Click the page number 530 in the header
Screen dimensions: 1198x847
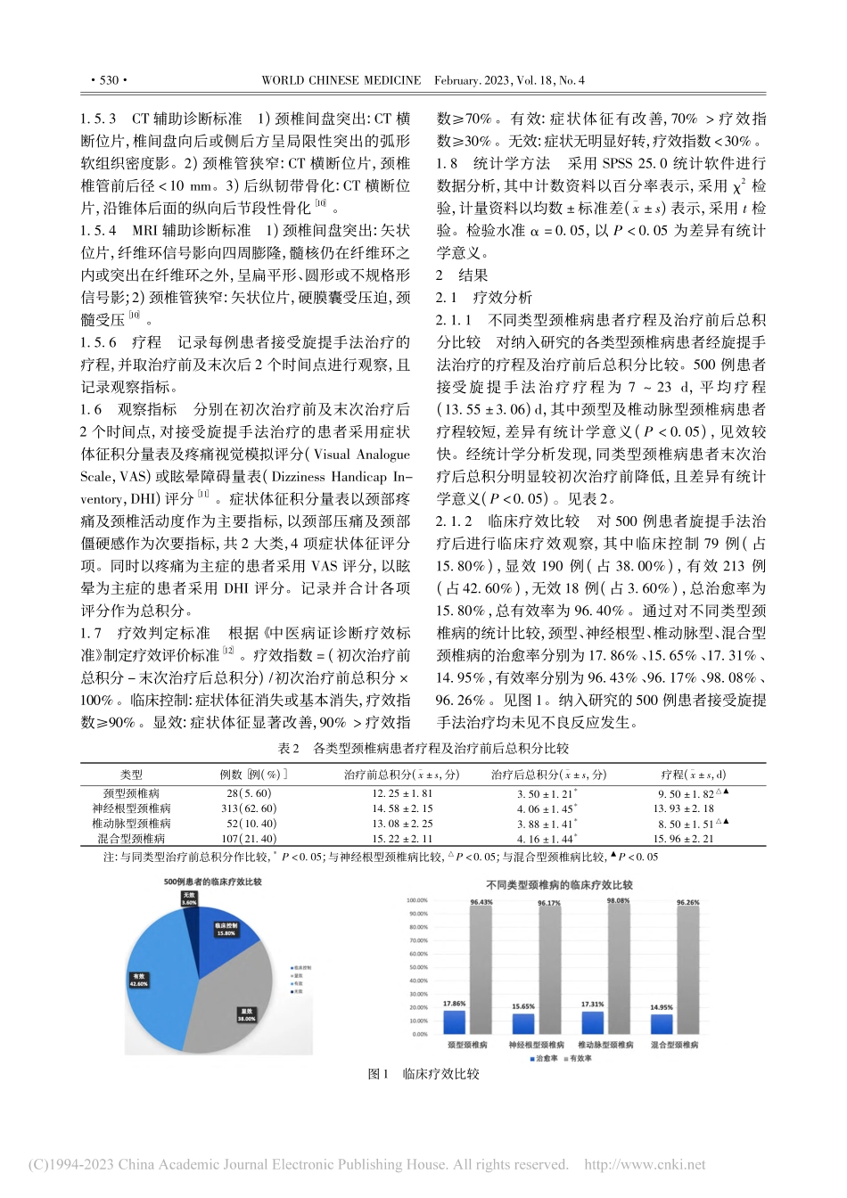pyautogui.click(x=109, y=80)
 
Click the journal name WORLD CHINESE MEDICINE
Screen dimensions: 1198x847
pyautogui.click(x=341, y=80)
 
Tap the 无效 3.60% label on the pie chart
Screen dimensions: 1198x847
pyautogui.click(x=189, y=898)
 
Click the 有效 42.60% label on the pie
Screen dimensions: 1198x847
pyautogui.click(x=138, y=980)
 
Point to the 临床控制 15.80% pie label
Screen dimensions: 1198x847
pyautogui.click(x=226, y=929)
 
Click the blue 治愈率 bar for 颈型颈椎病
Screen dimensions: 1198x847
pyautogui.click(x=455, y=1022)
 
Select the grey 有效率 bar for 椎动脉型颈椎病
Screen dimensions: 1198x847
pyautogui.click(x=618, y=970)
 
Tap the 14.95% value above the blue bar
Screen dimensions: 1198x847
pyautogui.click(x=661, y=1008)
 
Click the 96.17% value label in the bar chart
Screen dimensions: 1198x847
pyautogui.click(x=549, y=903)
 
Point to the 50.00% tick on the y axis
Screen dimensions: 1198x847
pyautogui.click(x=417, y=967)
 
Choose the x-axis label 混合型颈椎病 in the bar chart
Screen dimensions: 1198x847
pyautogui.click(x=674, y=1045)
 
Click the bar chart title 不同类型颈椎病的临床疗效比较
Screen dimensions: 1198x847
pyautogui.click(x=559, y=885)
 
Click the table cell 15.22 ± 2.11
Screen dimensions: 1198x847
pyautogui.click(x=402, y=839)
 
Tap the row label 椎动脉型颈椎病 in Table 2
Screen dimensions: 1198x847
pyautogui.click(x=131, y=824)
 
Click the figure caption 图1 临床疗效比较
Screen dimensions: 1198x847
pyautogui.click(x=423, y=1075)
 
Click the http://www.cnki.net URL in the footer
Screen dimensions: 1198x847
pyautogui.click(x=644, y=1164)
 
